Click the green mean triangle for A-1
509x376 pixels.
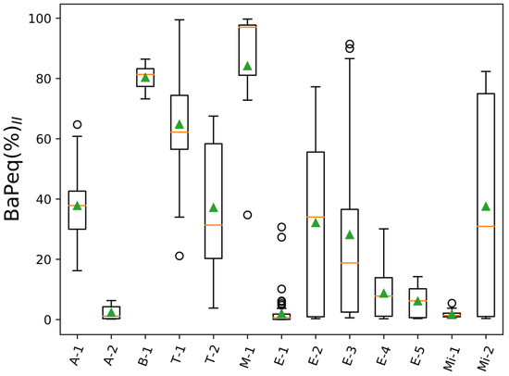tap(78, 206)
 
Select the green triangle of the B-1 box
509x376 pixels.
tap(145, 78)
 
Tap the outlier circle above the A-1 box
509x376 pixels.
tap(78, 124)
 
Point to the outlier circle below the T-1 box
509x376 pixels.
tap(180, 256)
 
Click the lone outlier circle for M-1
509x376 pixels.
tap(247, 215)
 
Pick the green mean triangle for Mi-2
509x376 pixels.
tap(485, 207)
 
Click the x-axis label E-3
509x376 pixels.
tap(351, 353)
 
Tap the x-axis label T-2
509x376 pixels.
tap(215, 353)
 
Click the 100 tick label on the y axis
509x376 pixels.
tap(41, 19)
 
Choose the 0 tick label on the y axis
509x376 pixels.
tap(47, 320)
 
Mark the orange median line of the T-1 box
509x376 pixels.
tap(180, 132)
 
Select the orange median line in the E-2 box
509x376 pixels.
tap(316, 217)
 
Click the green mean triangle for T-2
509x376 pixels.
tap(214, 207)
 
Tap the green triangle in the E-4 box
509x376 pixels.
tap(383, 294)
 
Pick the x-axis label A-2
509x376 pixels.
tap(113, 353)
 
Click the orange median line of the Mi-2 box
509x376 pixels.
tap(485, 226)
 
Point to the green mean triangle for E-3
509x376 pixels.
tap(350, 235)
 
